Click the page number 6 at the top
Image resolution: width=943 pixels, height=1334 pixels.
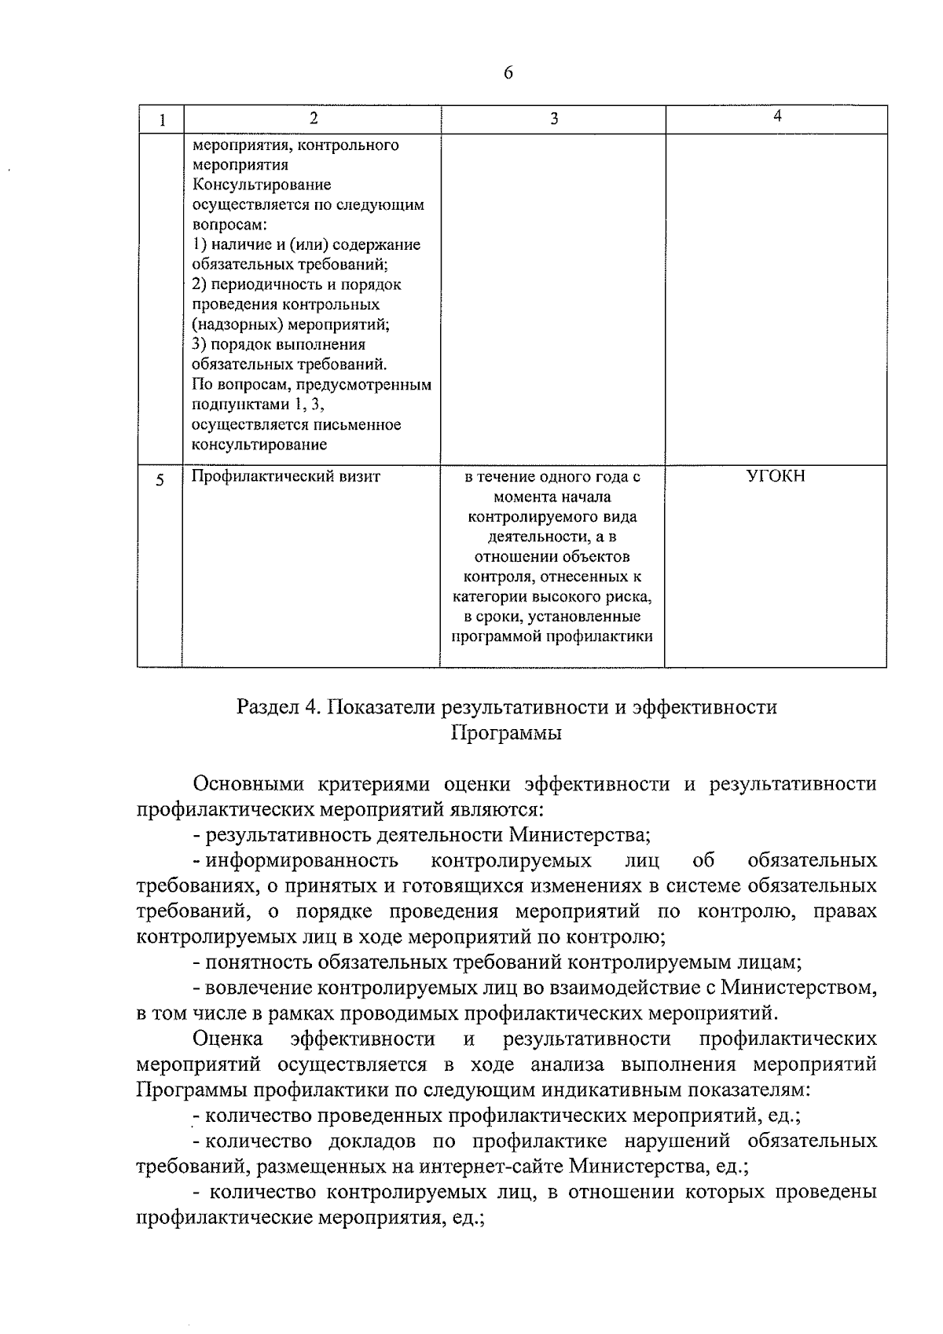(x=508, y=73)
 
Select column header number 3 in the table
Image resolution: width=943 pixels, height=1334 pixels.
(x=553, y=119)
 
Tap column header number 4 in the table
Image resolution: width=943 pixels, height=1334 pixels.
(x=776, y=116)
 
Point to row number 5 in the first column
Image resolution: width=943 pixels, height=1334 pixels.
(x=160, y=480)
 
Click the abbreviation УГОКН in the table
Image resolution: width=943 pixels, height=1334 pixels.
(x=776, y=476)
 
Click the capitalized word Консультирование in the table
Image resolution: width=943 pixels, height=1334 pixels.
(x=262, y=185)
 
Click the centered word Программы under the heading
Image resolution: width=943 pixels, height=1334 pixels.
(x=507, y=734)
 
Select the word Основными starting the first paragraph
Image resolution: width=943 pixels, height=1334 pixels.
(x=250, y=784)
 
